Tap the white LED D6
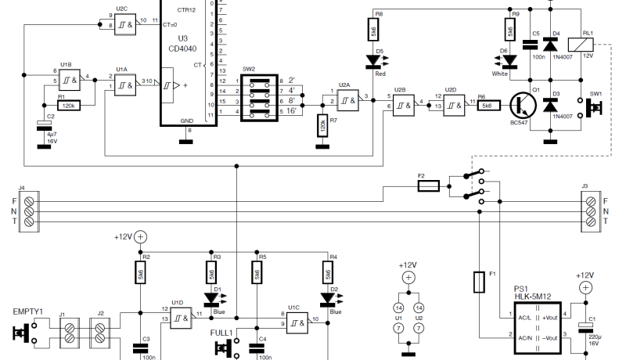click(x=510, y=60)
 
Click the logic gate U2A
click(x=350, y=98)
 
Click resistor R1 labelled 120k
click(x=70, y=105)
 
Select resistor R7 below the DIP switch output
click(x=322, y=125)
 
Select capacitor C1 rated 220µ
click(x=581, y=329)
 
